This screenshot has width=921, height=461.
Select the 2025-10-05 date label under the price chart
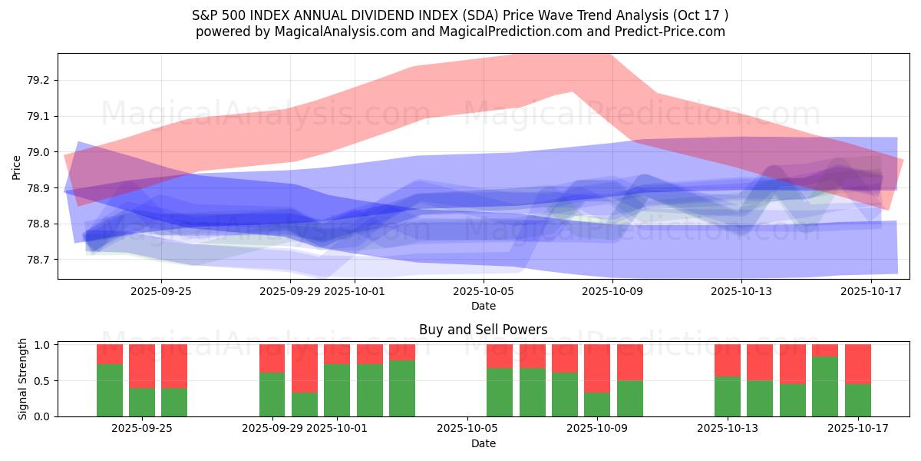[x=484, y=292]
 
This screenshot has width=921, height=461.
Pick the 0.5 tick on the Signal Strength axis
[x=42, y=381]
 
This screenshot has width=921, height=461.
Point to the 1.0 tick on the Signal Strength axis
[x=42, y=345]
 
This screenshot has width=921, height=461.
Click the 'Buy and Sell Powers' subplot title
[x=483, y=330]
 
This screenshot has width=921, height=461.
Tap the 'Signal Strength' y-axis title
[x=23, y=379]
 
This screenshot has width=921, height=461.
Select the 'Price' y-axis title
[x=17, y=166]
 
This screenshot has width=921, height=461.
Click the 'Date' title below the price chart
[x=483, y=306]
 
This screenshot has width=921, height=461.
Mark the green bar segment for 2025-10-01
[x=337, y=390]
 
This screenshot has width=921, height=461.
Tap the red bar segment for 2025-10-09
[x=597, y=368]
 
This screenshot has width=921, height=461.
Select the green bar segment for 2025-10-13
[x=728, y=396]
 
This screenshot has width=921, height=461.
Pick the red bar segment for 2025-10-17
[x=857, y=364]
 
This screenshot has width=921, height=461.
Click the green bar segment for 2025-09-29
[x=272, y=394]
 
